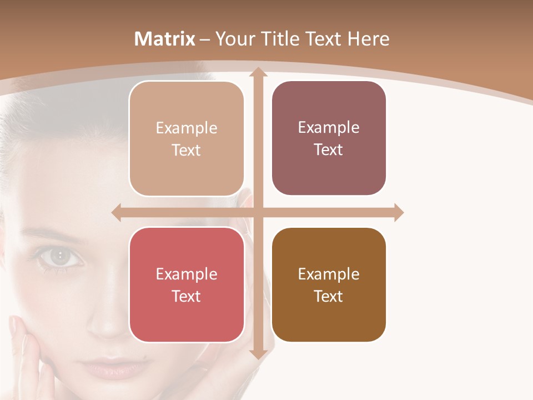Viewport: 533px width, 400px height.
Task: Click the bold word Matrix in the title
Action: click(x=165, y=39)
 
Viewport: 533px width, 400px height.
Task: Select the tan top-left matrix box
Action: click(x=187, y=139)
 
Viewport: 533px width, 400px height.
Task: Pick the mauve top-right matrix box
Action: click(x=329, y=138)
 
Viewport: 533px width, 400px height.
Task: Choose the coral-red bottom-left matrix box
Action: click(x=187, y=284)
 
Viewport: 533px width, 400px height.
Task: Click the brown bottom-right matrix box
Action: click(x=329, y=284)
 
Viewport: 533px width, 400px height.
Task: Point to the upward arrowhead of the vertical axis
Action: click(x=258, y=72)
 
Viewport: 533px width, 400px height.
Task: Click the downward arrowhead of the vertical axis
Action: click(x=258, y=354)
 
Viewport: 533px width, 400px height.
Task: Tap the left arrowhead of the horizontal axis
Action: click(x=117, y=212)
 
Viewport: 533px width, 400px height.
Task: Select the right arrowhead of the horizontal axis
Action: click(x=399, y=212)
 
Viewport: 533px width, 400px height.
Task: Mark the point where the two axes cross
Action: click(x=258, y=212)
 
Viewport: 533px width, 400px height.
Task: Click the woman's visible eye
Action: click(x=59, y=256)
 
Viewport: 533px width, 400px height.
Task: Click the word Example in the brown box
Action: click(x=329, y=274)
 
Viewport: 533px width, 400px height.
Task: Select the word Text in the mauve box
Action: click(x=329, y=150)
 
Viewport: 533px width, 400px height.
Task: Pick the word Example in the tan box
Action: click(x=187, y=128)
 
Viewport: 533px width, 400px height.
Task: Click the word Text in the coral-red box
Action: click(x=187, y=296)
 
